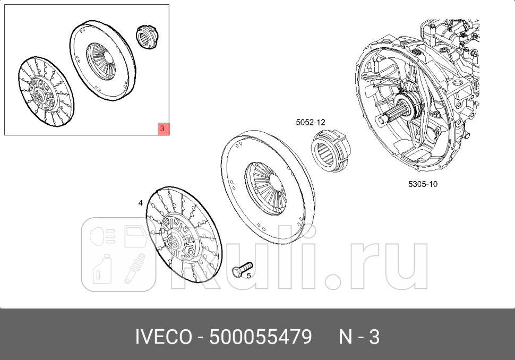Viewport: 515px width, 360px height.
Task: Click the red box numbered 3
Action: (163, 128)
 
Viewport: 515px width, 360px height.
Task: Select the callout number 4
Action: (140, 203)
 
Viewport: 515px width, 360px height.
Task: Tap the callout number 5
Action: (248, 276)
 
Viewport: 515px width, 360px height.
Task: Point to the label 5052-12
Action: (310, 122)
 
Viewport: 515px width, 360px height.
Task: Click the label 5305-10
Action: (423, 184)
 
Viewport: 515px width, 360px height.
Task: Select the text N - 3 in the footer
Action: (359, 337)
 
